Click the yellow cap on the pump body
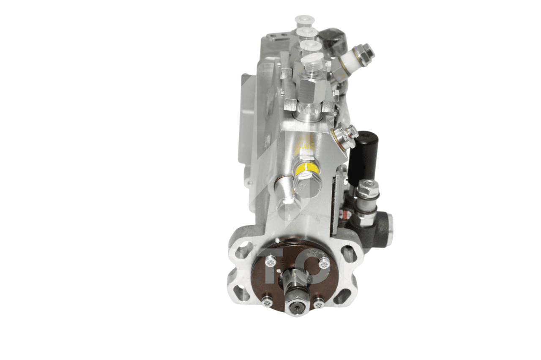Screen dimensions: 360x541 click(307, 168)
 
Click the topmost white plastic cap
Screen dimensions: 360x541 click(305, 19)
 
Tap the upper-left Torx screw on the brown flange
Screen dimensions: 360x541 click(270, 262)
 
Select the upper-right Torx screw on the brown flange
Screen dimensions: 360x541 click(324, 264)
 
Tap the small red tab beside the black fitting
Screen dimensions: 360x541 click(344, 214)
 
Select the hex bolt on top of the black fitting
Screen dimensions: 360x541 click(367, 188)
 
